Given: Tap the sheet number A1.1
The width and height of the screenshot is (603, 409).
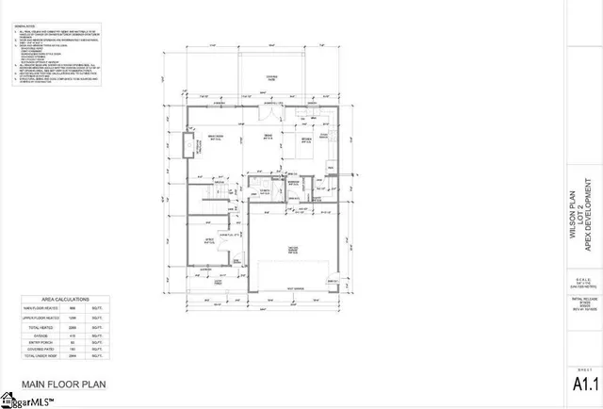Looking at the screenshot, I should tap(584, 384).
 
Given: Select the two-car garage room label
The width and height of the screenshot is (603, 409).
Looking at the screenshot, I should tap(293, 251).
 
